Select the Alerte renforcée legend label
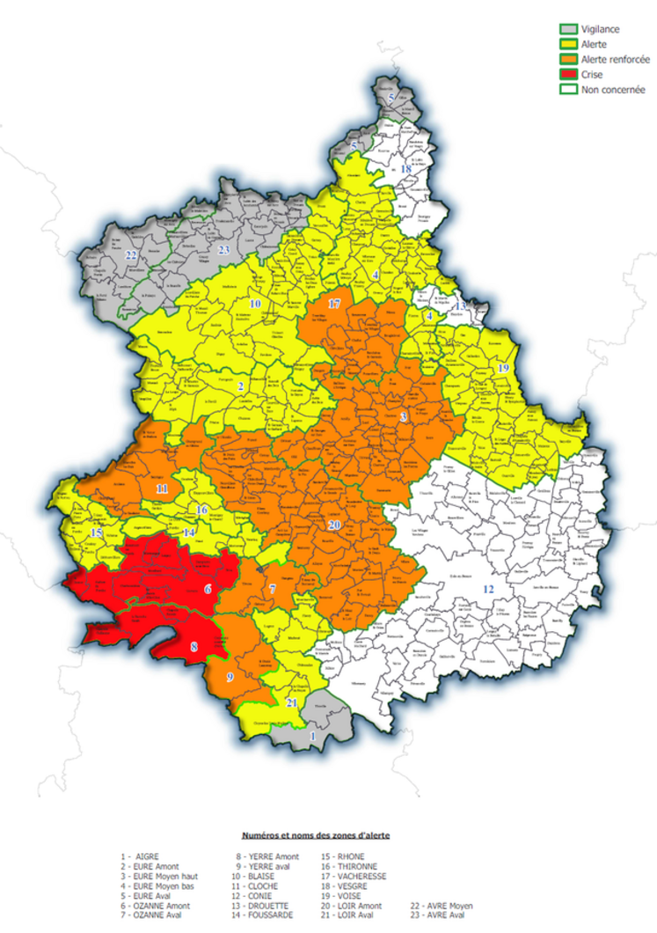(616, 59)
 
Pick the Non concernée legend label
(613, 90)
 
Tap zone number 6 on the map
(208, 588)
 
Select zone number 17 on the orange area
(334, 304)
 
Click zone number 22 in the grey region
(132, 255)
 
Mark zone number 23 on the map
(224, 250)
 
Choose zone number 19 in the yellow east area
(503, 367)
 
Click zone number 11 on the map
(162, 488)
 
